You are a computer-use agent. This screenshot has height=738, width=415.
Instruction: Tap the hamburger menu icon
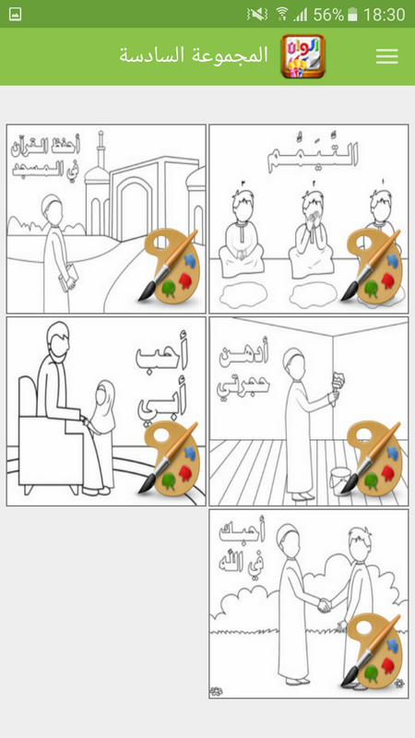click(387, 56)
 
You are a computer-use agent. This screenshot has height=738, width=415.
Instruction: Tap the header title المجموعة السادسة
click(194, 55)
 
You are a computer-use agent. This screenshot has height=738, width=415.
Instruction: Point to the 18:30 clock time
click(385, 14)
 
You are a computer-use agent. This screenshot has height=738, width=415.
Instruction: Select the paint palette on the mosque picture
click(170, 267)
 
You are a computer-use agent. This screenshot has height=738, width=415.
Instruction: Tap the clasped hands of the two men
click(322, 604)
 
